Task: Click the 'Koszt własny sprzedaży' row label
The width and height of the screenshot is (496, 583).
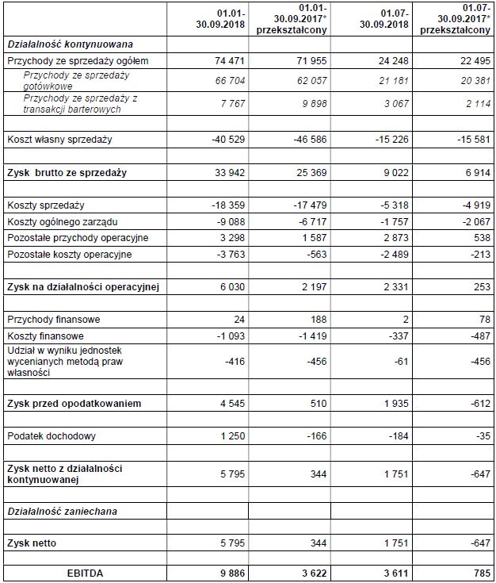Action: [x=59, y=140]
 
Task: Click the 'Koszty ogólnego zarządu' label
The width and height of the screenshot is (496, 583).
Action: [x=63, y=221]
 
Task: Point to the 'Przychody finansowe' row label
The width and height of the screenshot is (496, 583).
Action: [x=55, y=320]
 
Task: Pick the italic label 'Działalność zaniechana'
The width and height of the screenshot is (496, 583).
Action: [x=62, y=512]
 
